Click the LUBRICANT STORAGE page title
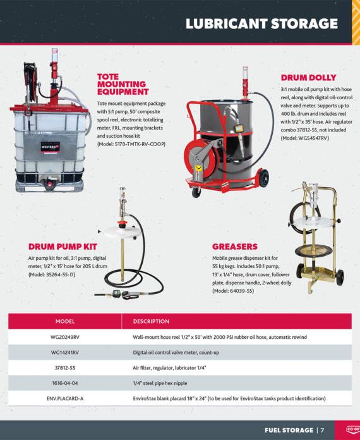(x=261, y=23)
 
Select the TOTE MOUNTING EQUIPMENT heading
(x=123, y=84)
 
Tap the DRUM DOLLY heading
(x=308, y=78)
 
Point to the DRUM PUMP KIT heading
(x=63, y=247)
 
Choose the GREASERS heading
(x=235, y=247)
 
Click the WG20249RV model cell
(x=65, y=337)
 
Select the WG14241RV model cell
(x=65, y=353)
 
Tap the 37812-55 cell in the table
(x=65, y=368)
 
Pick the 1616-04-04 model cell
(x=65, y=383)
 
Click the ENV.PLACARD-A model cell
(x=65, y=398)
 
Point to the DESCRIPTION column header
(x=151, y=322)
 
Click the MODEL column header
(x=65, y=322)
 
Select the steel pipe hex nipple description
(x=160, y=383)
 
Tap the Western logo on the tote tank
(x=50, y=147)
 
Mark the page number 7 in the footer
(x=323, y=430)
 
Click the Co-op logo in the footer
(x=352, y=429)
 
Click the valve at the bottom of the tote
(x=50, y=184)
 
